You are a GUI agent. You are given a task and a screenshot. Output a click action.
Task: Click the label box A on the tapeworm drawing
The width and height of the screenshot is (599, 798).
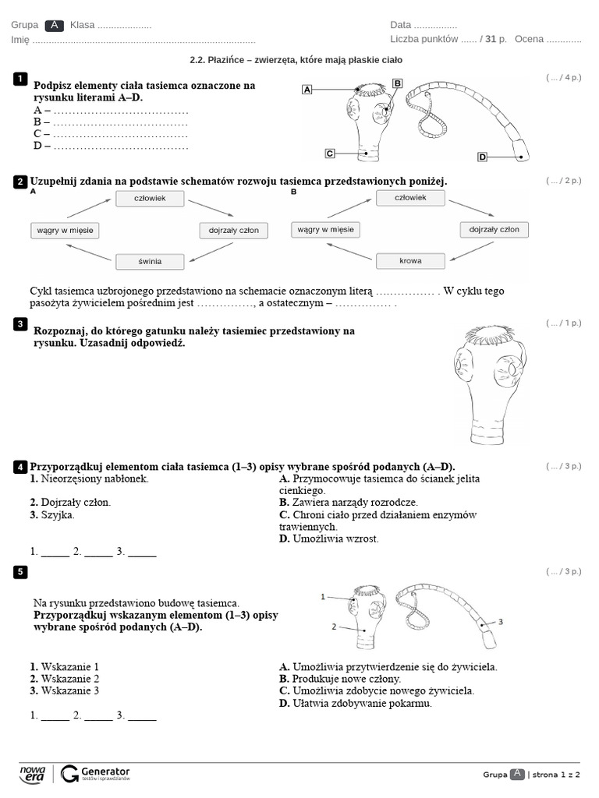[x=307, y=90]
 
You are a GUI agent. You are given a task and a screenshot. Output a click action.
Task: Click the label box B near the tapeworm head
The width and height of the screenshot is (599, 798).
[x=397, y=83]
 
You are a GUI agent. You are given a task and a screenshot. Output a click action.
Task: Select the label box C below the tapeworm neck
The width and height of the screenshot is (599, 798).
[x=330, y=153]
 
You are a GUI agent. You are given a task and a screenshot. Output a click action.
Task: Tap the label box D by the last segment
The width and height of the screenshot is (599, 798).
[x=482, y=157]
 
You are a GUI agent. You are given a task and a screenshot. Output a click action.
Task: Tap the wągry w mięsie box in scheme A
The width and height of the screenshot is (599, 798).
[x=66, y=231]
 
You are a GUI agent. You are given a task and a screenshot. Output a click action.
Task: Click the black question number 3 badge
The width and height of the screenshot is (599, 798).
[x=20, y=323]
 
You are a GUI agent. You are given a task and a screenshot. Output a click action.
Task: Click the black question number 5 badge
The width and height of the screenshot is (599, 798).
[x=20, y=572]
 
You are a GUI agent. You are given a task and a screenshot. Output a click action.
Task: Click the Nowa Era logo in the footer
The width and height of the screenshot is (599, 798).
[x=33, y=773]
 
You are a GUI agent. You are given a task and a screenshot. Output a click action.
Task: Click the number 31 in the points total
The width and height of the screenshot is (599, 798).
[x=490, y=39]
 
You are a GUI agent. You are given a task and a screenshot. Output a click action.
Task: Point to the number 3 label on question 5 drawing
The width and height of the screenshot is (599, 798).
[x=501, y=622]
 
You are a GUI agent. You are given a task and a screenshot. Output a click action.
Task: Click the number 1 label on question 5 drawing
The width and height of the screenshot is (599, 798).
[x=323, y=596]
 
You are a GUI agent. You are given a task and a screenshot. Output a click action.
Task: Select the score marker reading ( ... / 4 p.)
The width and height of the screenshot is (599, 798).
[x=563, y=78]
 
